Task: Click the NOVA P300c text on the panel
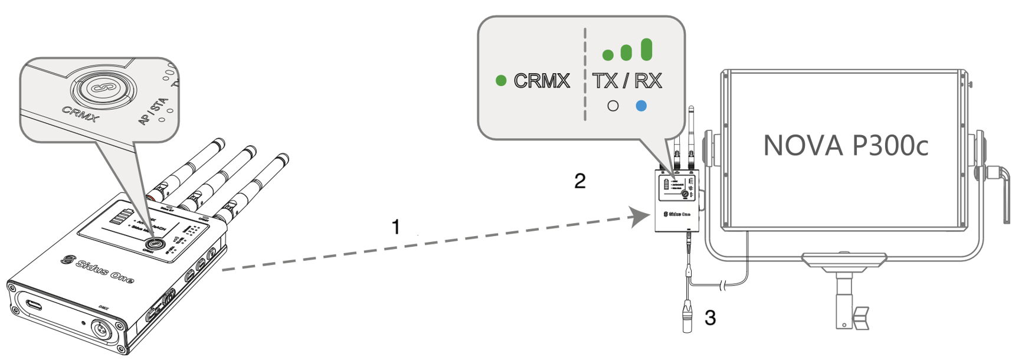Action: (x=845, y=145)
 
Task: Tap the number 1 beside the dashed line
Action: (x=396, y=227)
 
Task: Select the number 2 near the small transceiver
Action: (x=579, y=181)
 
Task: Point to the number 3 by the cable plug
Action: (x=710, y=318)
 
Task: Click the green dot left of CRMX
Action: (x=501, y=80)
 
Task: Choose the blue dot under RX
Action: (x=641, y=106)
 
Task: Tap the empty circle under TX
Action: (x=613, y=106)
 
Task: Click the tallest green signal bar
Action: (x=646, y=50)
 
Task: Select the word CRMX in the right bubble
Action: (x=541, y=80)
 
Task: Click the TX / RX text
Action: (x=627, y=80)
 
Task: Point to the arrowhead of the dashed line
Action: (x=639, y=217)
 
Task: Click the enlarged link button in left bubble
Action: (x=103, y=89)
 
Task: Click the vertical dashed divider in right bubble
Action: (x=585, y=74)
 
